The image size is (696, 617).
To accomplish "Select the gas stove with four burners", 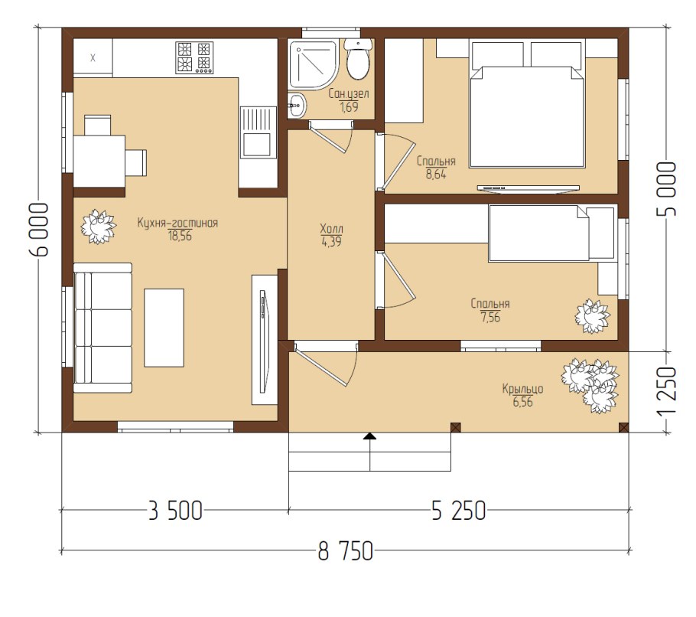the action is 194,57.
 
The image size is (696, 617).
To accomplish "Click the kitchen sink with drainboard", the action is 256,132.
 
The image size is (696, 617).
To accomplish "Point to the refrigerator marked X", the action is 93,57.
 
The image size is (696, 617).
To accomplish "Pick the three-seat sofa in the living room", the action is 102,328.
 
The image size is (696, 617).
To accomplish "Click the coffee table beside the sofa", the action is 164,328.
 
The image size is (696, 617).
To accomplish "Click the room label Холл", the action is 332,229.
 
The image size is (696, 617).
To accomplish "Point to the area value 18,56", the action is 180,236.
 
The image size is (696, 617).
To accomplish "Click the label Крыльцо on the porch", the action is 523,389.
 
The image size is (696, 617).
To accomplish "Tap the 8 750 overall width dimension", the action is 346,552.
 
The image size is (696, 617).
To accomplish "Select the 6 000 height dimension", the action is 38,230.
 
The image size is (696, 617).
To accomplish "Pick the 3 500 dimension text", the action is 175,511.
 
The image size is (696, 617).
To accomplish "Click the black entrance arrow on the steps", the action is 369,436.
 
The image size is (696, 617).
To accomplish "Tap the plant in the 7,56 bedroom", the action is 592,316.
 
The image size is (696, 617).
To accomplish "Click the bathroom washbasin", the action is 297,106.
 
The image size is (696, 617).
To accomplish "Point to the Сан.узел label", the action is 349,94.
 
